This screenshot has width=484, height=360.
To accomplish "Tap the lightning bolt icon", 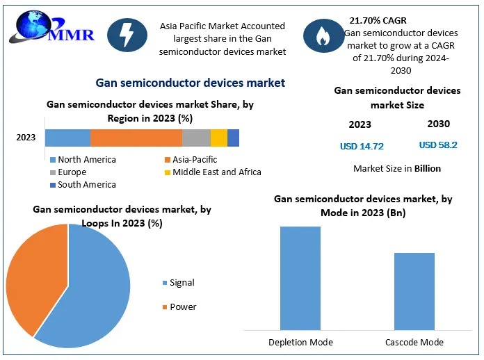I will tap(127, 35).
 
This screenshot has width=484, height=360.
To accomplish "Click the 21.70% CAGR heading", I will tap(378, 21).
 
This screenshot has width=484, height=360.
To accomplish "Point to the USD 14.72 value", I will tap(362, 146).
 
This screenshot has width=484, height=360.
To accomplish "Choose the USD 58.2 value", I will tap(438, 145).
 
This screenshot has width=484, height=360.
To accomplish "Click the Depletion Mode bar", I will tap(300, 278).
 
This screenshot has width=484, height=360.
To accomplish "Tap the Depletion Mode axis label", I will tap(300, 342).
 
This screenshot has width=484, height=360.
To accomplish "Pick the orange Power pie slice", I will tap(35, 278).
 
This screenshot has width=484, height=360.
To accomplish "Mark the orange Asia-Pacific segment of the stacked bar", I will tap(136, 138).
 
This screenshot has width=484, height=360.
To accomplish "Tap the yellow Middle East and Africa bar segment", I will tap(218, 138).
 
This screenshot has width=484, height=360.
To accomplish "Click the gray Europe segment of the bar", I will tap(196, 138).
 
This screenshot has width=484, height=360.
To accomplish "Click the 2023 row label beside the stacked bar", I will tap(26, 138).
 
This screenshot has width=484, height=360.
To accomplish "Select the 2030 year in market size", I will tap(438, 124).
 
